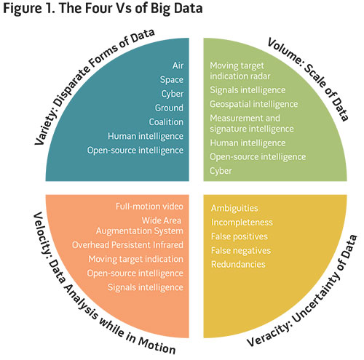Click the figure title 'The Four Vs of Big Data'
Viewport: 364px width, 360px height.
(130, 8)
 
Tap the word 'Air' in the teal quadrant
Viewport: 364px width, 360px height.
(178, 65)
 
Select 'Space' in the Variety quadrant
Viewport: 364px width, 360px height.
(172, 80)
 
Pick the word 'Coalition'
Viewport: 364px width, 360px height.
(166, 122)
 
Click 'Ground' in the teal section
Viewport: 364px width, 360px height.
(169, 108)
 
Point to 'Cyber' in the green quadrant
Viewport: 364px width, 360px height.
(221, 171)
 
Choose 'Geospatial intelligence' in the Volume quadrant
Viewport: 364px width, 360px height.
(254, 104)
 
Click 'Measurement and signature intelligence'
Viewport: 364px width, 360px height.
(252, 124)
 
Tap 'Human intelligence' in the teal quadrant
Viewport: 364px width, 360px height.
(146, 136)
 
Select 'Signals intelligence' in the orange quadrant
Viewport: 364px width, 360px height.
(146, 287)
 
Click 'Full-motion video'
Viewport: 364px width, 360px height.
(149, 207)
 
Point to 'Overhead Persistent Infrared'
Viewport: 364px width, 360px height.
(127, 245)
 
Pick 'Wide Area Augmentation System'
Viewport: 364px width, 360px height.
(140, 225)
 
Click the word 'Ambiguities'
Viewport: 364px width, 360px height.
(234, 209)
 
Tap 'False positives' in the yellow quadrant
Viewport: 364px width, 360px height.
(240, 236)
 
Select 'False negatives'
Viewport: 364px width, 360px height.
(241, 251)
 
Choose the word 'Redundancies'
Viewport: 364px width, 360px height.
(238, 264)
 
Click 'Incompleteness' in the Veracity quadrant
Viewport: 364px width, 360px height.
(242, 223)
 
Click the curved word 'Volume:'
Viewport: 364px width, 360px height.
(285, 52)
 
